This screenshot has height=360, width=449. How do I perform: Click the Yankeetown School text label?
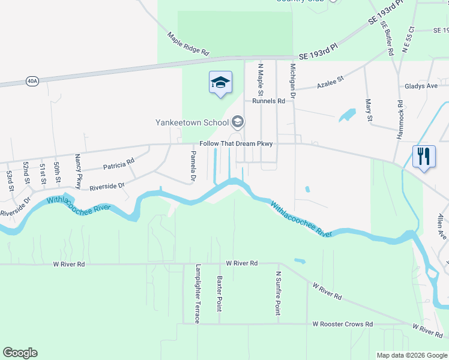(192, 123)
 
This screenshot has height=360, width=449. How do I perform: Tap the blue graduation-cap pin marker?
(220, 82)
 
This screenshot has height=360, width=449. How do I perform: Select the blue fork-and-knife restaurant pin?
(423, 157)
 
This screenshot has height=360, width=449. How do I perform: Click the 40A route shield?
(32, 80)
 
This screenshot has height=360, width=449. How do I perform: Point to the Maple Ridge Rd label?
(188, 44)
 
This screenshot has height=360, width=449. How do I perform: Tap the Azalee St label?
(331, 80)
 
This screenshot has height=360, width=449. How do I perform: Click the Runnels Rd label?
(268, 101)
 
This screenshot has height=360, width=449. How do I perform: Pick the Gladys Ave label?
(421, 86)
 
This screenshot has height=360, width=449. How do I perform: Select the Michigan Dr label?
(293, 81)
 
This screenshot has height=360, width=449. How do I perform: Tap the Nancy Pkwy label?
(78, 170)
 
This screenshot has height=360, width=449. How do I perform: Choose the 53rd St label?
(10, 181)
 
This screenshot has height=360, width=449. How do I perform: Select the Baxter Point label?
(220, 293)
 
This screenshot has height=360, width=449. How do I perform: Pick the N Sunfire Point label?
(278, 293)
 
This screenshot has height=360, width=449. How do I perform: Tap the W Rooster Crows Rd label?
(342, 324)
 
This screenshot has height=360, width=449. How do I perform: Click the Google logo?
(20, 353)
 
